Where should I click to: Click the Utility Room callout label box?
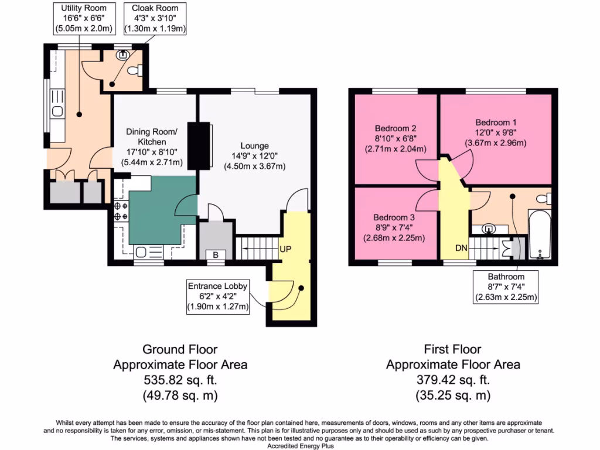click(84, 18)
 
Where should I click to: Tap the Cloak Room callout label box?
click(155, 18)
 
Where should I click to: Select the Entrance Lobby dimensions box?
click(218, 296)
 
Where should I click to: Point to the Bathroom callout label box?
click(506, 287)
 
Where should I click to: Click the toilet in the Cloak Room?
click(135, 70)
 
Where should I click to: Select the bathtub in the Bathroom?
click(540, 234)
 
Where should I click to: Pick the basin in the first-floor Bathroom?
click(489, 229)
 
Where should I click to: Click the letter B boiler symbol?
click(216, 255)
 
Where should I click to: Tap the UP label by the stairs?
click(285, 249)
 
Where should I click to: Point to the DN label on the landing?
click(462, 248)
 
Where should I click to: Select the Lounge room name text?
click(254, 146)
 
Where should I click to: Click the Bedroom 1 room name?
click(496, 122)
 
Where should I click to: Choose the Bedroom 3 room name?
click(394, 217)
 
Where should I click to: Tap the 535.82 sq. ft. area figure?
click(180, 380)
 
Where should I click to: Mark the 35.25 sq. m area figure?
click(453, 396)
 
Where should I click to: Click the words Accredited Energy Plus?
click(301, 446)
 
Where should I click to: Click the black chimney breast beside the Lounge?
click(199, 145)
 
